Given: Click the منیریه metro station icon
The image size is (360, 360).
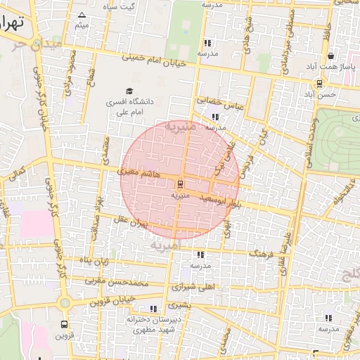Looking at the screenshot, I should tap(180, 184).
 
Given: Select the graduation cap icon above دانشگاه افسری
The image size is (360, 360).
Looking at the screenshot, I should tap(129, 91).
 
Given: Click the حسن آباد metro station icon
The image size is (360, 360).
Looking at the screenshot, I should tap(320, 83).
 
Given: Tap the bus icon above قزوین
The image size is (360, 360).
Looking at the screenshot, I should tap(65, 325).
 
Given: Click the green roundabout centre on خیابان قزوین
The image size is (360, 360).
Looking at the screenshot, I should tap(65, 303).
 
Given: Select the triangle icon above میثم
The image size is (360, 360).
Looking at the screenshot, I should tap(82, 15).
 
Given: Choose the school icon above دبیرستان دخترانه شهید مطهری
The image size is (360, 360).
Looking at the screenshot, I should tap(153, 309).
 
